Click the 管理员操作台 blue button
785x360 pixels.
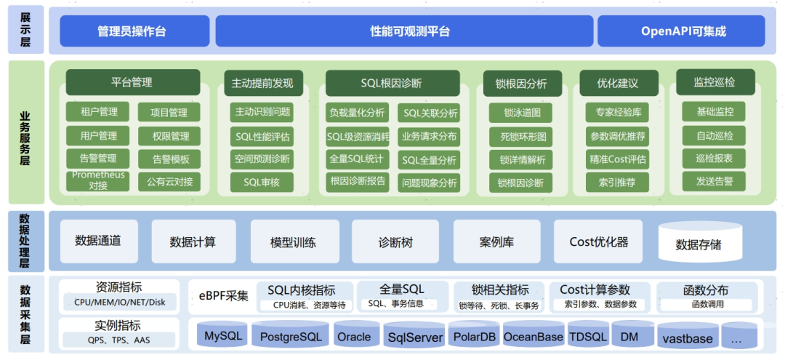(x=132, y=31)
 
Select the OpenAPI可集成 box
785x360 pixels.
(x=683, y=31)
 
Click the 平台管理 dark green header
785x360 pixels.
(x=132, y=83)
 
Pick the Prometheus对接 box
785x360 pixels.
(x=98, y=181)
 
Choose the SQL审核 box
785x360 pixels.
(x=262, y=182)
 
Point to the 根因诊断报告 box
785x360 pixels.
(x=358, y=181)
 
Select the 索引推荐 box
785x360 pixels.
(x=616, y=182)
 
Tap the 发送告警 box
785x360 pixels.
(x=714, y=182)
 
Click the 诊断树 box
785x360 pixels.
(x=395, y=242)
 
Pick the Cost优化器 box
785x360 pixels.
(x=598, y=242)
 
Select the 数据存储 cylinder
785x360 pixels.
(x=699, y=244)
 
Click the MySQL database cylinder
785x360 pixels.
(x=222, y=336)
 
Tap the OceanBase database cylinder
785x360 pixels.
(x=533, y=337)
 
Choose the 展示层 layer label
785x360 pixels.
(x=25, y=31)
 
